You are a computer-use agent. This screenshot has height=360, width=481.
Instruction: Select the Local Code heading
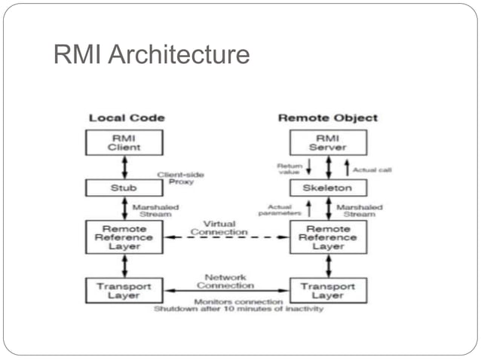(127, 117)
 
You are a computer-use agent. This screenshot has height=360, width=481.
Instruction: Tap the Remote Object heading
(328, 117)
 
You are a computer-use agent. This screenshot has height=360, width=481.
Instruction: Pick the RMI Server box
(328, 142)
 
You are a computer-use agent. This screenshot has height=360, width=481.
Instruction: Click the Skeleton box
(328, 188)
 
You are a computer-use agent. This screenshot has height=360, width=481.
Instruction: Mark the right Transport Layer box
(328, 291)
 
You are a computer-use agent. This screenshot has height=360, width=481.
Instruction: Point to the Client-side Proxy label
(180, 178)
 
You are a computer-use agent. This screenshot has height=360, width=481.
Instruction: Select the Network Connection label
(225, 281)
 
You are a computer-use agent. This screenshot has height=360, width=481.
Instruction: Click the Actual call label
(372, 169)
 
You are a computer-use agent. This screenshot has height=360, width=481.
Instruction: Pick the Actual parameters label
(282, 210)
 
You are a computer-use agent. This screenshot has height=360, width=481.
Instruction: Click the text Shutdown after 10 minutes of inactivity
(239, 309)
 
